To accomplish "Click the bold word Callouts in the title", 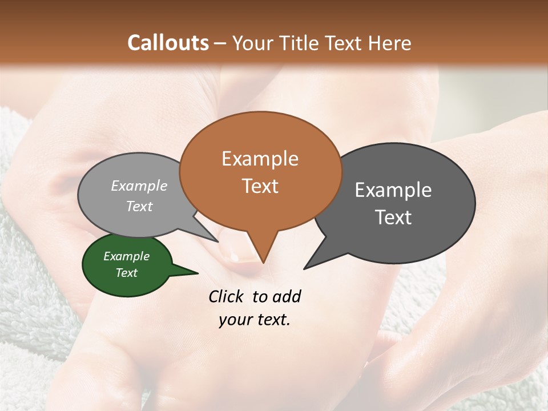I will [168, 43].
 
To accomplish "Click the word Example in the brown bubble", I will [260, 159].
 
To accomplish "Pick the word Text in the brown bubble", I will [260, 186].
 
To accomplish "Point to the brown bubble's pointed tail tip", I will [263, 262].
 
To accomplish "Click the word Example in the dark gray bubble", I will [393, 190].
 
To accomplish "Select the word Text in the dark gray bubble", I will [393, 217].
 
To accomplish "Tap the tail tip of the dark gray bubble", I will [305, 268].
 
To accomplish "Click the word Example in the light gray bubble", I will [139, 186].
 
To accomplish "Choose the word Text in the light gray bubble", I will [139, 206].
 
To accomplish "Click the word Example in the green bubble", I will [126, 256].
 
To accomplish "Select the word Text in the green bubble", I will [126, 273].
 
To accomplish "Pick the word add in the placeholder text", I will [286, 296].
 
